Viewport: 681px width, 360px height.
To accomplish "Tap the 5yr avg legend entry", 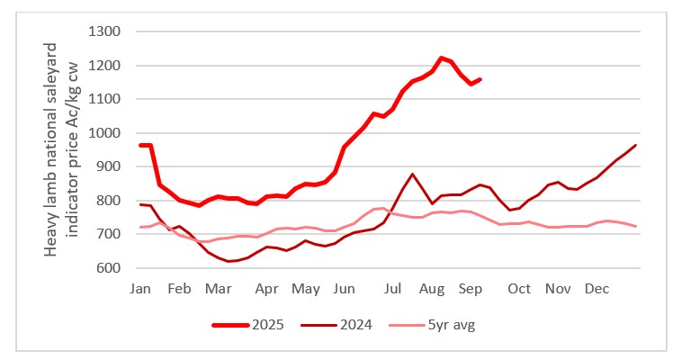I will pos(447,325).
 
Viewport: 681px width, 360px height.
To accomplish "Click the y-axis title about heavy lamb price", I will pos(62,150).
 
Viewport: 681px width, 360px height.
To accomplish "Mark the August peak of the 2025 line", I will pos(441,58).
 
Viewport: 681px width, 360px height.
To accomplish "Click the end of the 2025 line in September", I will pos(479,79).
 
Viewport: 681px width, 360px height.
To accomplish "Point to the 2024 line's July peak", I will pos(412,174).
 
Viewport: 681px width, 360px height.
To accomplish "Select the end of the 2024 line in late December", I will pos(636,145).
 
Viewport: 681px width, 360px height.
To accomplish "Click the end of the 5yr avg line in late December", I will pos(636,226).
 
